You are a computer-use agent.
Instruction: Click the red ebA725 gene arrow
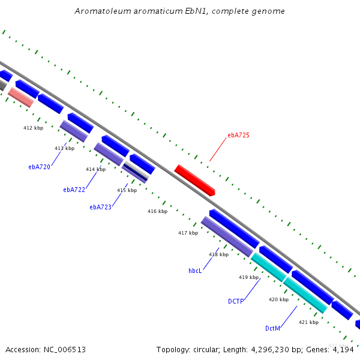(194, 180)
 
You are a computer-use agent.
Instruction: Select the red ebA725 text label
(238, 135)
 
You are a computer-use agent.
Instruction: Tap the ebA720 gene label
(39, 167)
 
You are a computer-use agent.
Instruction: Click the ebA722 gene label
(74, 190)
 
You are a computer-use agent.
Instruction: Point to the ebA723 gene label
(101, 207)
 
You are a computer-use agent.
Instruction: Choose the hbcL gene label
(195, 271)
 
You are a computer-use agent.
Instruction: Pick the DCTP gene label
(236, 301)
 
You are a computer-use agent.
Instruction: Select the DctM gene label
(273, 328)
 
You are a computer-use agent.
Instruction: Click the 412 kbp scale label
(33, 128)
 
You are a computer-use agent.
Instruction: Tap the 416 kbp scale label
(157, 211)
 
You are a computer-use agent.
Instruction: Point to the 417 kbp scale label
(188, 233)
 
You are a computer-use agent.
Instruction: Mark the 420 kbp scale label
(279, 299)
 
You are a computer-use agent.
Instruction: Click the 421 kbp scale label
(309, 322)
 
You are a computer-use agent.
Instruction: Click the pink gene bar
(21, 97)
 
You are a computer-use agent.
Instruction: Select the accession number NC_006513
(65, 350)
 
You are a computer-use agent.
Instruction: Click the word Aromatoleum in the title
(103, 11)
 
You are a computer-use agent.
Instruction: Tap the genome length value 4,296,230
(271, 350)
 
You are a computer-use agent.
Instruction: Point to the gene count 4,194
(343, 350)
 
